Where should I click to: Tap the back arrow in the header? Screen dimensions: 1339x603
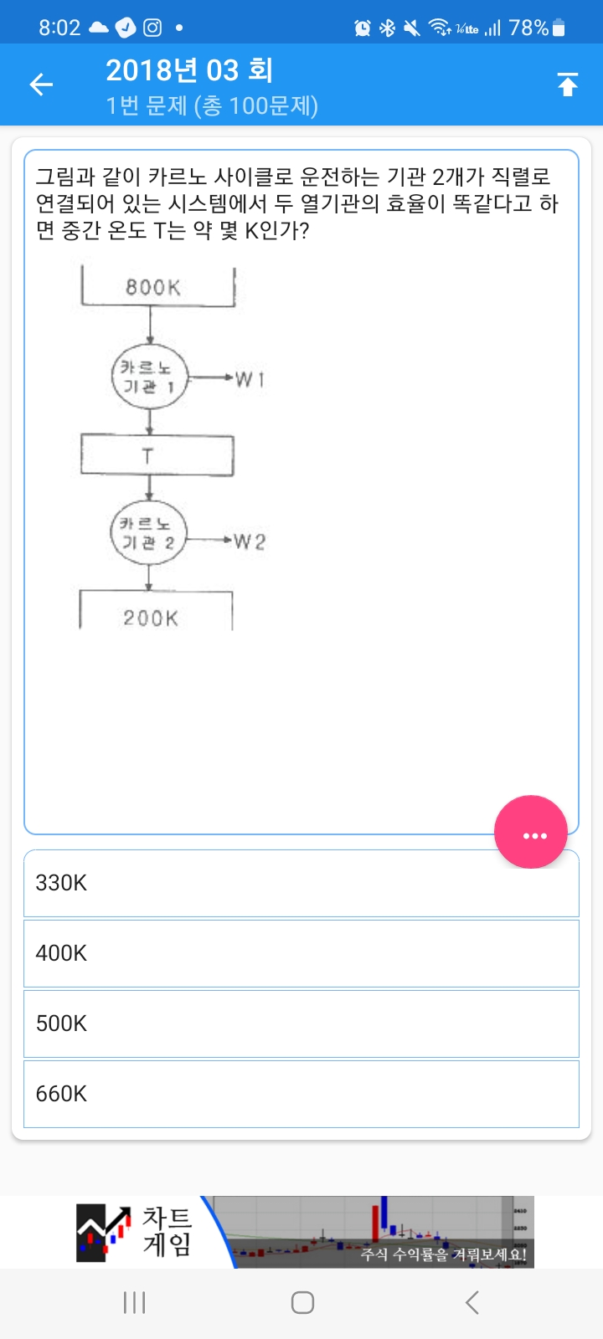41,84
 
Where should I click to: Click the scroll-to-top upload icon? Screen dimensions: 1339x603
567,85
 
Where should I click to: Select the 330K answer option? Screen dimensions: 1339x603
301,883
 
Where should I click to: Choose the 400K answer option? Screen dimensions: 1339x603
301,953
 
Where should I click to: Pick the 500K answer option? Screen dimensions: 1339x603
301,1023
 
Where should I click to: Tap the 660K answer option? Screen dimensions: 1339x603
301,1094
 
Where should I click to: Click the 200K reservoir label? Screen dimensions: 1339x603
152,618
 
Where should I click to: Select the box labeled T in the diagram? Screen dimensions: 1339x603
157,455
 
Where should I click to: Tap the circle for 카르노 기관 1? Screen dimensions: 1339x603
149,377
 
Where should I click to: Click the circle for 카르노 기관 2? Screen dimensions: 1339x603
148,533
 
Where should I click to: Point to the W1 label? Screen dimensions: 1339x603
250,379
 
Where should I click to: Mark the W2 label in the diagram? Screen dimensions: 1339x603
249,541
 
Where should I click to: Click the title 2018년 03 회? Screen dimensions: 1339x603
189,70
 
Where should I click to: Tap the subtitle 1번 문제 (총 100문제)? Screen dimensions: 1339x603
212,105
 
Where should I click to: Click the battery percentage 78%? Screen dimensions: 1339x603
528,28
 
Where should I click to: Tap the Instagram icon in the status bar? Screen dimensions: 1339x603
152,28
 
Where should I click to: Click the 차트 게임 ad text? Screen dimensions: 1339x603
167,1231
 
